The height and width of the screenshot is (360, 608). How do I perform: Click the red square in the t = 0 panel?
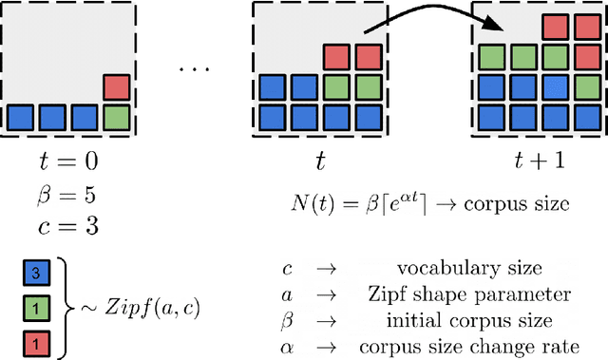(117, 87)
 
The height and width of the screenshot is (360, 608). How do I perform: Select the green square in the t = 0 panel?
(117, 118)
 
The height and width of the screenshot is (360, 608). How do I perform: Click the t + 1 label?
(538, 161)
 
